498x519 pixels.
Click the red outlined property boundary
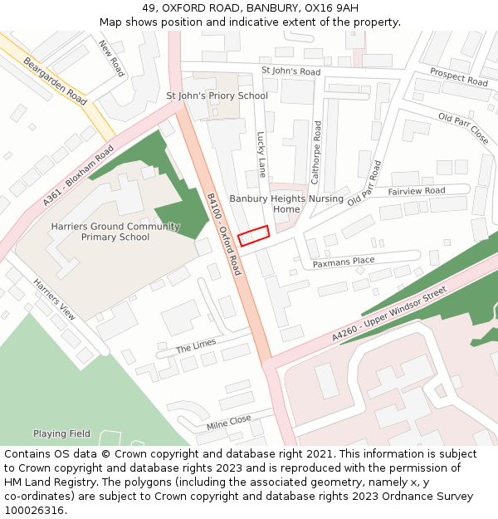(x=254, y=236)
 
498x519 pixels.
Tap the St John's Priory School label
(x=217, y=95)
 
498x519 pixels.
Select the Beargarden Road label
(x=54, y=81)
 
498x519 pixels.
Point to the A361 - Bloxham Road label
(x=78, y=176)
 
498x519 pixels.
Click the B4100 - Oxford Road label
(x=223, y=235)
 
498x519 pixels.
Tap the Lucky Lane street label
(x=261, y=154)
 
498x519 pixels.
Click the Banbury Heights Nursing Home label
(x=286, y=204)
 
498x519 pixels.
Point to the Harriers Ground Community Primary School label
(x=115, y=232)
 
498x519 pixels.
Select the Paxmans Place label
(x=344, y=262)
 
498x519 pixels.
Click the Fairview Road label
(x=417, y=191)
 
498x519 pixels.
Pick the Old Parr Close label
(x=463, y=129)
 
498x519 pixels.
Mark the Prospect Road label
(x=459, y=77)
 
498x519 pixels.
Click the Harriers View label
(x=55, y=299)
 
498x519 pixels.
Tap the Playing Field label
(x=61, y=433)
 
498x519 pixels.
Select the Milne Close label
(x=228, y=424)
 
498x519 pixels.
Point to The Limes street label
(x=196, y=345)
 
